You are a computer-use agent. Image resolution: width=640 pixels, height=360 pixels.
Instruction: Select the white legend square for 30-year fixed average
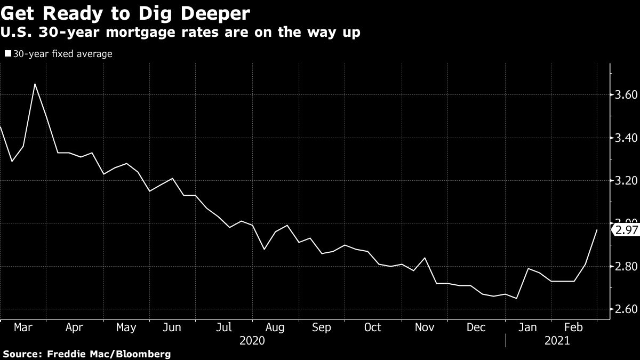click(7, 54)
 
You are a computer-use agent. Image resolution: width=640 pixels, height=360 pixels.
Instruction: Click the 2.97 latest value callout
click(625, 230)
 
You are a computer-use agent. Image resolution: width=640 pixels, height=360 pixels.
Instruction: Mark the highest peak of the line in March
click(35, 84)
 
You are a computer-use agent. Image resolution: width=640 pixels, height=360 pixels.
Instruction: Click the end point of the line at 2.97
click(597, 230)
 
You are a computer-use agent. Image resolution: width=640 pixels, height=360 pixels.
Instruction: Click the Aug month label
click(275, 327)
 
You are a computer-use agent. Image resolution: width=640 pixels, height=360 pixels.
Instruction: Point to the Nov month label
click(425, 327)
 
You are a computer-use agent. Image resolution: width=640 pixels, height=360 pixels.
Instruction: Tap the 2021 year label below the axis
click(556, 340)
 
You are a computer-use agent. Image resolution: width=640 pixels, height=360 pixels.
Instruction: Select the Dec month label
click(476, 327)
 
